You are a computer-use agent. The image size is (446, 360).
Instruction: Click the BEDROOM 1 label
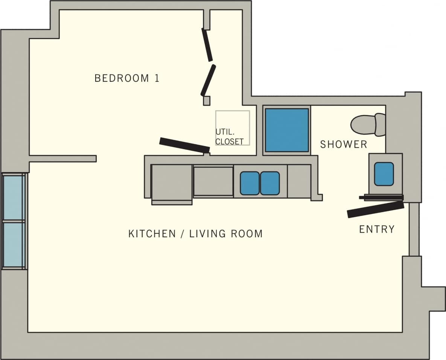[x=127, y=78]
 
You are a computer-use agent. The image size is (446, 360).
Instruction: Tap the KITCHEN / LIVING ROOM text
[x=195, y=233]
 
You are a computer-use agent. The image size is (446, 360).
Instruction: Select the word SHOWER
[x=343, y=144]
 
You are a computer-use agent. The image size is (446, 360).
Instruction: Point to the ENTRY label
[x=377, y=229]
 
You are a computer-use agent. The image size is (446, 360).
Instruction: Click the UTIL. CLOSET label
[x=230, y=137]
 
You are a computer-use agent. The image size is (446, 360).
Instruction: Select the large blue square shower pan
[x=287, y=130]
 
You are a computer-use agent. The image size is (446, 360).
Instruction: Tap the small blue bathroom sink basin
[x=384, y=174]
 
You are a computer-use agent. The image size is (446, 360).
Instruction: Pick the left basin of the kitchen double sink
[x=250, y=183]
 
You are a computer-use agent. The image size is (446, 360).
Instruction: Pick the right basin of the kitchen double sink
[x=270, y=183]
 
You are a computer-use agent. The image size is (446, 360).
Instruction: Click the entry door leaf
[x=375, y=209]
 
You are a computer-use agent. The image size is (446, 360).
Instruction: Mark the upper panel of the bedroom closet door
[x=207, y=45]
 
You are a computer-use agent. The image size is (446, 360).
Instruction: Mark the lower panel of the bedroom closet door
[x=208, y=80]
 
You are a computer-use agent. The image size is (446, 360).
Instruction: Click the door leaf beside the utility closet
[x=184, y=145]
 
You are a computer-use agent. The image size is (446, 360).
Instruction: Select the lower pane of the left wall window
[x=14, y=244]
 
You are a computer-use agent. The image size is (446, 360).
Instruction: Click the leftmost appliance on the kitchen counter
[x=172, y=184]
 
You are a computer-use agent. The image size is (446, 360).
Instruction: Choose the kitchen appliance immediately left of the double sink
[x=213, y=182]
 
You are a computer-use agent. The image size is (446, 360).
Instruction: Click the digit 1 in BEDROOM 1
[x=157, y=78]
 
